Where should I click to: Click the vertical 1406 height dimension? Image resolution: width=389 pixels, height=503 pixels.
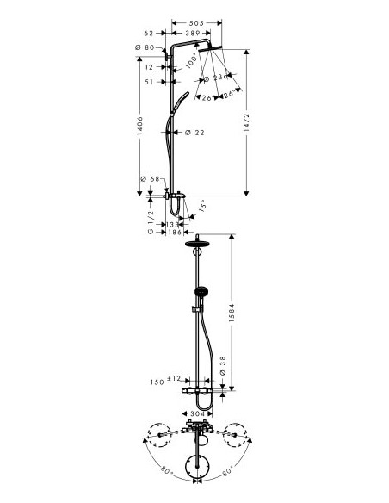[142, 127]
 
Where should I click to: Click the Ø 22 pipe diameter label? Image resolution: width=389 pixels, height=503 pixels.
[194, 132]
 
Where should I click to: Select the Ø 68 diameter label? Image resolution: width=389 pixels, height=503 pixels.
[149, 179]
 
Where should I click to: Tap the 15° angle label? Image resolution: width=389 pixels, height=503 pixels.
[203, 207]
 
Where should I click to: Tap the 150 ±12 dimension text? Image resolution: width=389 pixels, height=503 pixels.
[166, 379]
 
